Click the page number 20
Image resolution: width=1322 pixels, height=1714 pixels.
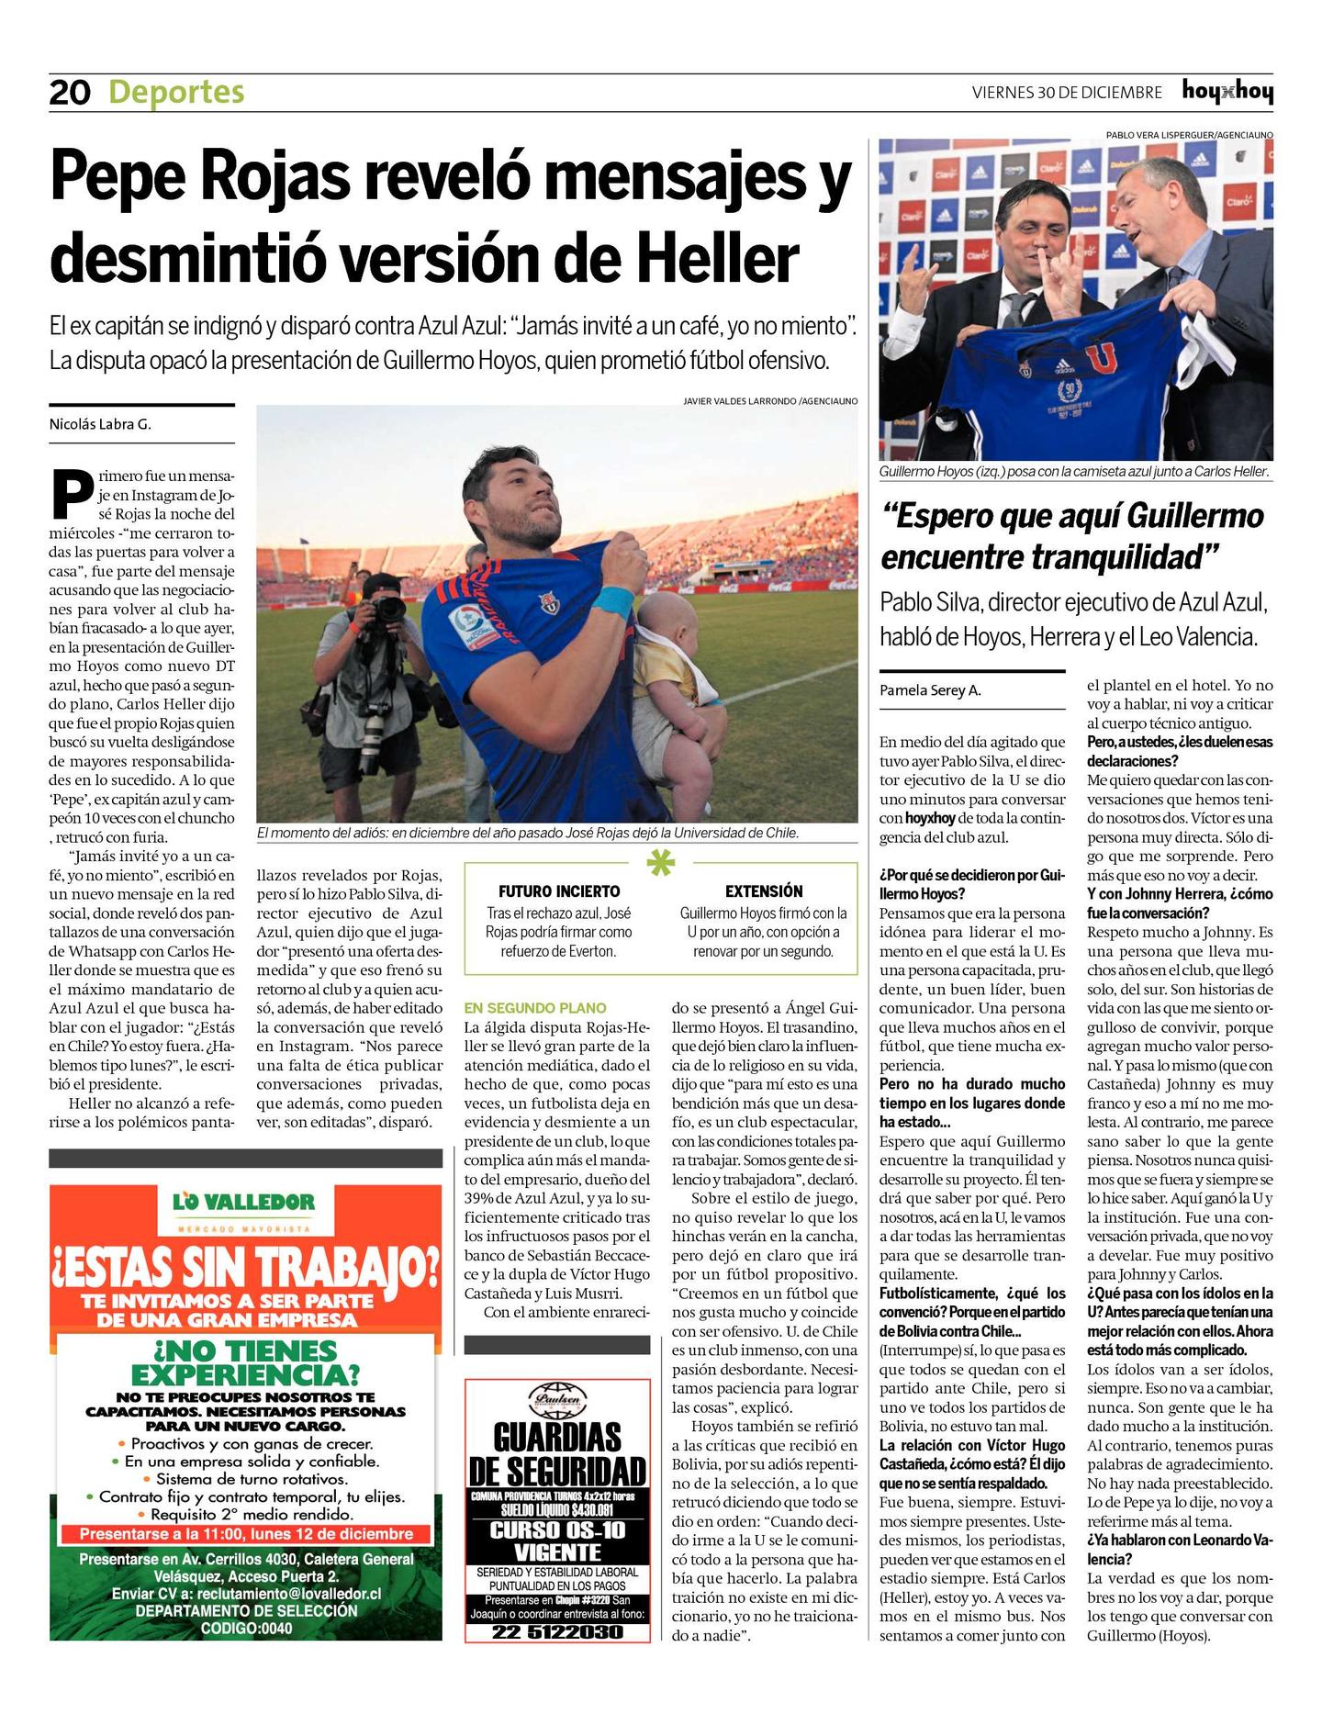point(70,93)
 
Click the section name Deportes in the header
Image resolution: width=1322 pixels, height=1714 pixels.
point(176,93)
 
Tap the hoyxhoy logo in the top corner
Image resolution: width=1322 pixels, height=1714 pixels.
point(1227,92)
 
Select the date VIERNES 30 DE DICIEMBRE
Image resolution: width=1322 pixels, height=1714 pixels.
point(1067,93)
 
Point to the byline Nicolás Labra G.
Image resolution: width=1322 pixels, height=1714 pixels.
point(100,424)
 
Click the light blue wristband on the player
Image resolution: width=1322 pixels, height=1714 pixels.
point(612,601)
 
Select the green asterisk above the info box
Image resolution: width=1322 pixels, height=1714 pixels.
point(661,864)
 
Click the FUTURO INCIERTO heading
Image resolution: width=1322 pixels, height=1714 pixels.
point(559,891)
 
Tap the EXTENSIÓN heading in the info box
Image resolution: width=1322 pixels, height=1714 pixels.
point(764,891)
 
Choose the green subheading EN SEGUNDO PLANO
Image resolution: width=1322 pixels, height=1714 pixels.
point(534,1008)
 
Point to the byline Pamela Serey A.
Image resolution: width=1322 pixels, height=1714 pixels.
point(930,690)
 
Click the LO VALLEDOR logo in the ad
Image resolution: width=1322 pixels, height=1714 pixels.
point(244,1202)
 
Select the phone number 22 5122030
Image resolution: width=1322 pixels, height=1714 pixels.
point(557,1631)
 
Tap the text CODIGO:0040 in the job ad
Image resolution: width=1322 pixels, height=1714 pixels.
point(246,1628)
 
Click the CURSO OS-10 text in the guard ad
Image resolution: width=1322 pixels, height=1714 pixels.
point(557,1530)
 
